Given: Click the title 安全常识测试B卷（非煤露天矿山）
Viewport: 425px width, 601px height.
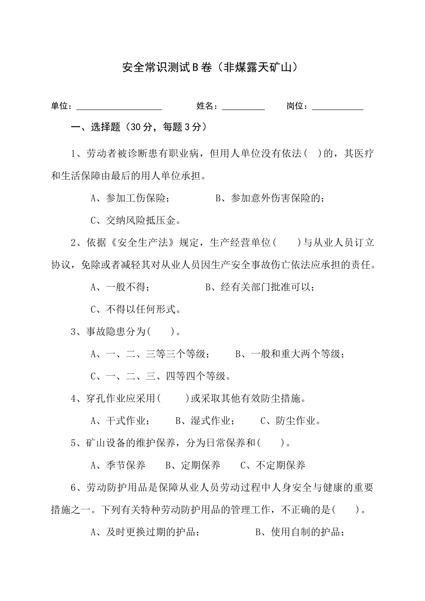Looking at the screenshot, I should [210, 68].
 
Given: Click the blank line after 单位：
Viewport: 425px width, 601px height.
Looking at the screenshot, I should [119, 107].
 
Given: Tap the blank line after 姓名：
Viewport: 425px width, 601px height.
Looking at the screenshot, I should [243, 107].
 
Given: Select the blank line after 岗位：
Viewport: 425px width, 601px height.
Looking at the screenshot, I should [337, 107].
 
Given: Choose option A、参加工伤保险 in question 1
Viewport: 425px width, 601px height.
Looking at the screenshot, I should [130, 198].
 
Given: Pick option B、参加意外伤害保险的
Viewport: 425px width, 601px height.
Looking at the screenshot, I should [270, 198].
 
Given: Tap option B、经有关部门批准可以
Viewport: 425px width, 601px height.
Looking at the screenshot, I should [259, 287].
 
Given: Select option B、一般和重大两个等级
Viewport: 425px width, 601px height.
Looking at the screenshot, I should [290, 354].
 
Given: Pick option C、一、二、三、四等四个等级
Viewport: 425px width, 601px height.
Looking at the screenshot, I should [161, 376].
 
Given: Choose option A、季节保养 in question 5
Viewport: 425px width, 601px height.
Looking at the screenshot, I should [118, 466].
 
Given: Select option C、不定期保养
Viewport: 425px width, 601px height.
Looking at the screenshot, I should [273, 466].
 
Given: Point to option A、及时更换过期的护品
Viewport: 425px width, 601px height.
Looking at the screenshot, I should [145, 532].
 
